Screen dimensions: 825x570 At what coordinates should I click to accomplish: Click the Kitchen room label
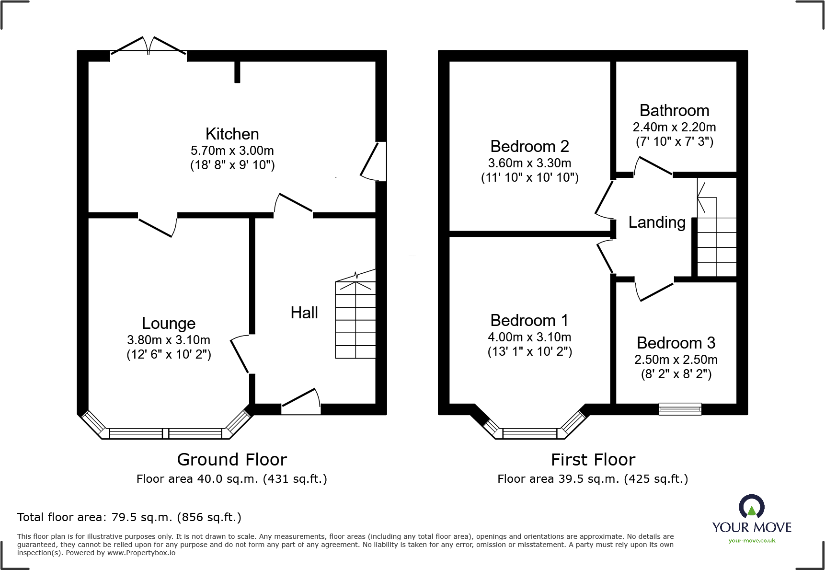[x=232, y=134]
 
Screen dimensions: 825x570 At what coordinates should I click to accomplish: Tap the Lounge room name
[x=169, y=324]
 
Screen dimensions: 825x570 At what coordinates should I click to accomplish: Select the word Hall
[x=304, y=313]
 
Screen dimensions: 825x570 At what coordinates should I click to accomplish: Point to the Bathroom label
[x=674, y=110]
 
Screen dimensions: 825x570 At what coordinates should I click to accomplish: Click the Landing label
[x=657, y=222]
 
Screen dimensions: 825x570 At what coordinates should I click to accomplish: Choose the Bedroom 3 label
[x=676, y=343]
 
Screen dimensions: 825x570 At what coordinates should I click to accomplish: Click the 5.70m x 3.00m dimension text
[x=232, y=151]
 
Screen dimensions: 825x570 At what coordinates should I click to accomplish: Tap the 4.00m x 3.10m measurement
[x=529, y=337]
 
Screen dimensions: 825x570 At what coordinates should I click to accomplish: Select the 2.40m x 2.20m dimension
[x=674, y=127]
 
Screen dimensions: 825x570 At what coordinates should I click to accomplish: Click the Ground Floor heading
[x=232, y=459]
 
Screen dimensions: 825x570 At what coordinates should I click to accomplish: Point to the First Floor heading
[x=593, y=459]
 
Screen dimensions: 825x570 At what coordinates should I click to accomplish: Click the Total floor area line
[x=129, y=517]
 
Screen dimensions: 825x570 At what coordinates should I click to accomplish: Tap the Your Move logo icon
[x=752, y=506]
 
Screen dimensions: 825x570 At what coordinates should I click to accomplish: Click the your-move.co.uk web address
[x=752, y=541]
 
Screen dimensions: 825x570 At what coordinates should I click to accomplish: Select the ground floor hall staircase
[x=355, y=314]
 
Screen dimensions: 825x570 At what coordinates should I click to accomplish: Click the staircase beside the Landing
[x=717, y=227]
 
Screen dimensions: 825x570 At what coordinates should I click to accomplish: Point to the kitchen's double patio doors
[x=149, y=46]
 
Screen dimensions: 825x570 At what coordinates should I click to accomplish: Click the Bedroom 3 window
[x=680, y=409]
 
